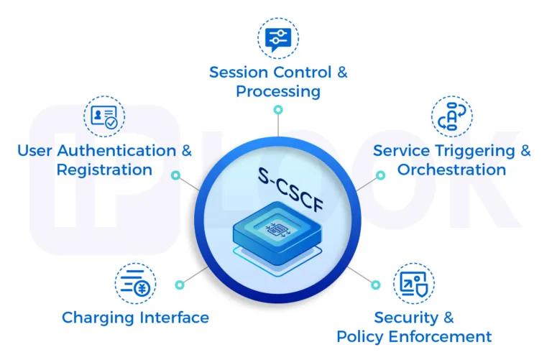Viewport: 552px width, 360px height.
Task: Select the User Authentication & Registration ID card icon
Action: click(104, 117)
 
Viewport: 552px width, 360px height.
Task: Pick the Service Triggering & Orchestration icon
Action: click(452, 117)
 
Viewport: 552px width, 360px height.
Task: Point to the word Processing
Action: click(278, 92)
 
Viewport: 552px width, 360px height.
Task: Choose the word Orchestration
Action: click(452, 170)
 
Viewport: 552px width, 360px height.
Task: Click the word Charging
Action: click(96, 318)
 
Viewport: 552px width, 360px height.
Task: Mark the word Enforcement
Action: click(448, 336)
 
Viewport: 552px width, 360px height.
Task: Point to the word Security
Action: click(405, 318)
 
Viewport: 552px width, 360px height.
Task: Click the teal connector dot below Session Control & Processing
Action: click(277, 110)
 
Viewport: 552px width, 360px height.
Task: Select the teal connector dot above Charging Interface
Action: click(178, 285)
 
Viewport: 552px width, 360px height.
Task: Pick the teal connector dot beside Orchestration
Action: click(379, 175)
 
